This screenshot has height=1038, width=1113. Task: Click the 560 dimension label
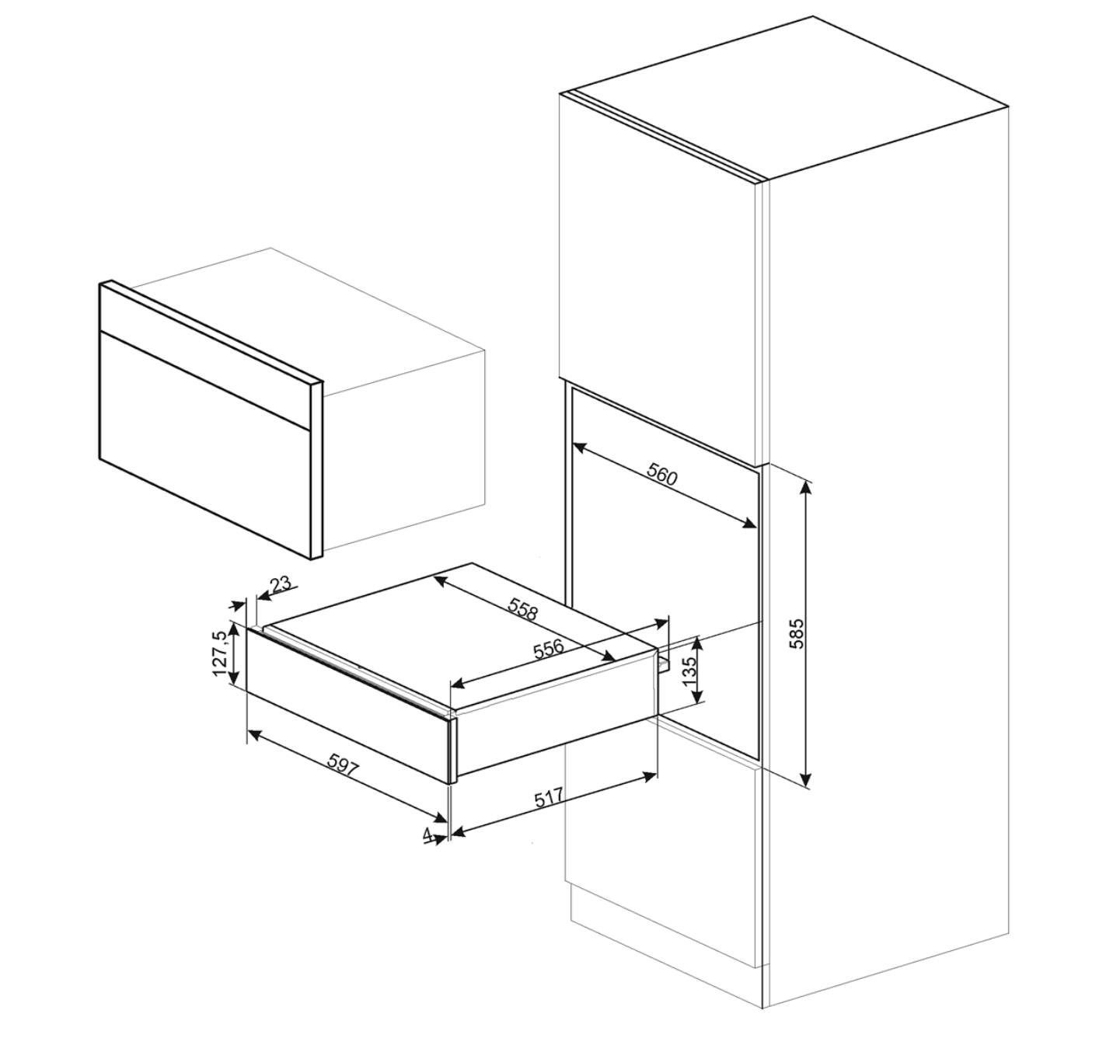tap(662, 475)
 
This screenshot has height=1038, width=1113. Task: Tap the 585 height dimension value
tap(797, 634)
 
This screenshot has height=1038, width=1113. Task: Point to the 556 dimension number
tap(548, 650)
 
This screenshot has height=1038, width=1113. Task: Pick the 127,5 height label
tap(219, 653)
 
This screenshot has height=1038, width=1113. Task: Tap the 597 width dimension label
tap(343, 765)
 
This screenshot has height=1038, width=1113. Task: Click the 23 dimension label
tap(281, 585)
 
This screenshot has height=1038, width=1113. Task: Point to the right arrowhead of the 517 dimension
tap(650, 775)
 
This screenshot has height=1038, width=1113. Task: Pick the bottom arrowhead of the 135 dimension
tap(697, 697)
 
